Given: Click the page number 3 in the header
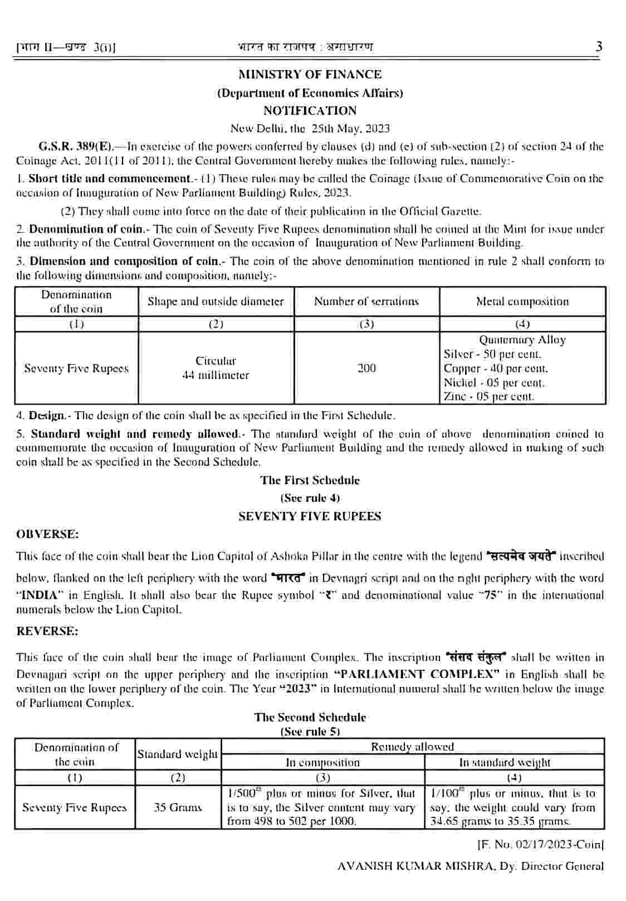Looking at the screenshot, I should click(x=599, y=47).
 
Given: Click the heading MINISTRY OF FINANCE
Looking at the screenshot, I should click(x=310, y=75).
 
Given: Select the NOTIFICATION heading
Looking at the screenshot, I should click(x=310, y=110).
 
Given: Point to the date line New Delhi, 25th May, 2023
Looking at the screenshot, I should click(x=310, y=128).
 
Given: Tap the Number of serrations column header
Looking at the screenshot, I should click(x=366, y=302).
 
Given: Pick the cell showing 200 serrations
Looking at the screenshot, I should click(x=366, y=368).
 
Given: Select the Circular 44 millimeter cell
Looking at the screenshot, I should click(x=216, y=368).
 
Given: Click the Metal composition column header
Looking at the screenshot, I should click(x=522, y=302).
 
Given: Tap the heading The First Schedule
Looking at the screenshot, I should click(x=310, y=480).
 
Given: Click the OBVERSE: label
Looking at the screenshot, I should click(x=47, y=534).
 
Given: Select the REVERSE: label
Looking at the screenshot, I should click(x=47, y=631).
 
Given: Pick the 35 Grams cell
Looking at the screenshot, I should click(x=178, y=807).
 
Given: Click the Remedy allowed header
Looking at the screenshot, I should click(x=412, y=747).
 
